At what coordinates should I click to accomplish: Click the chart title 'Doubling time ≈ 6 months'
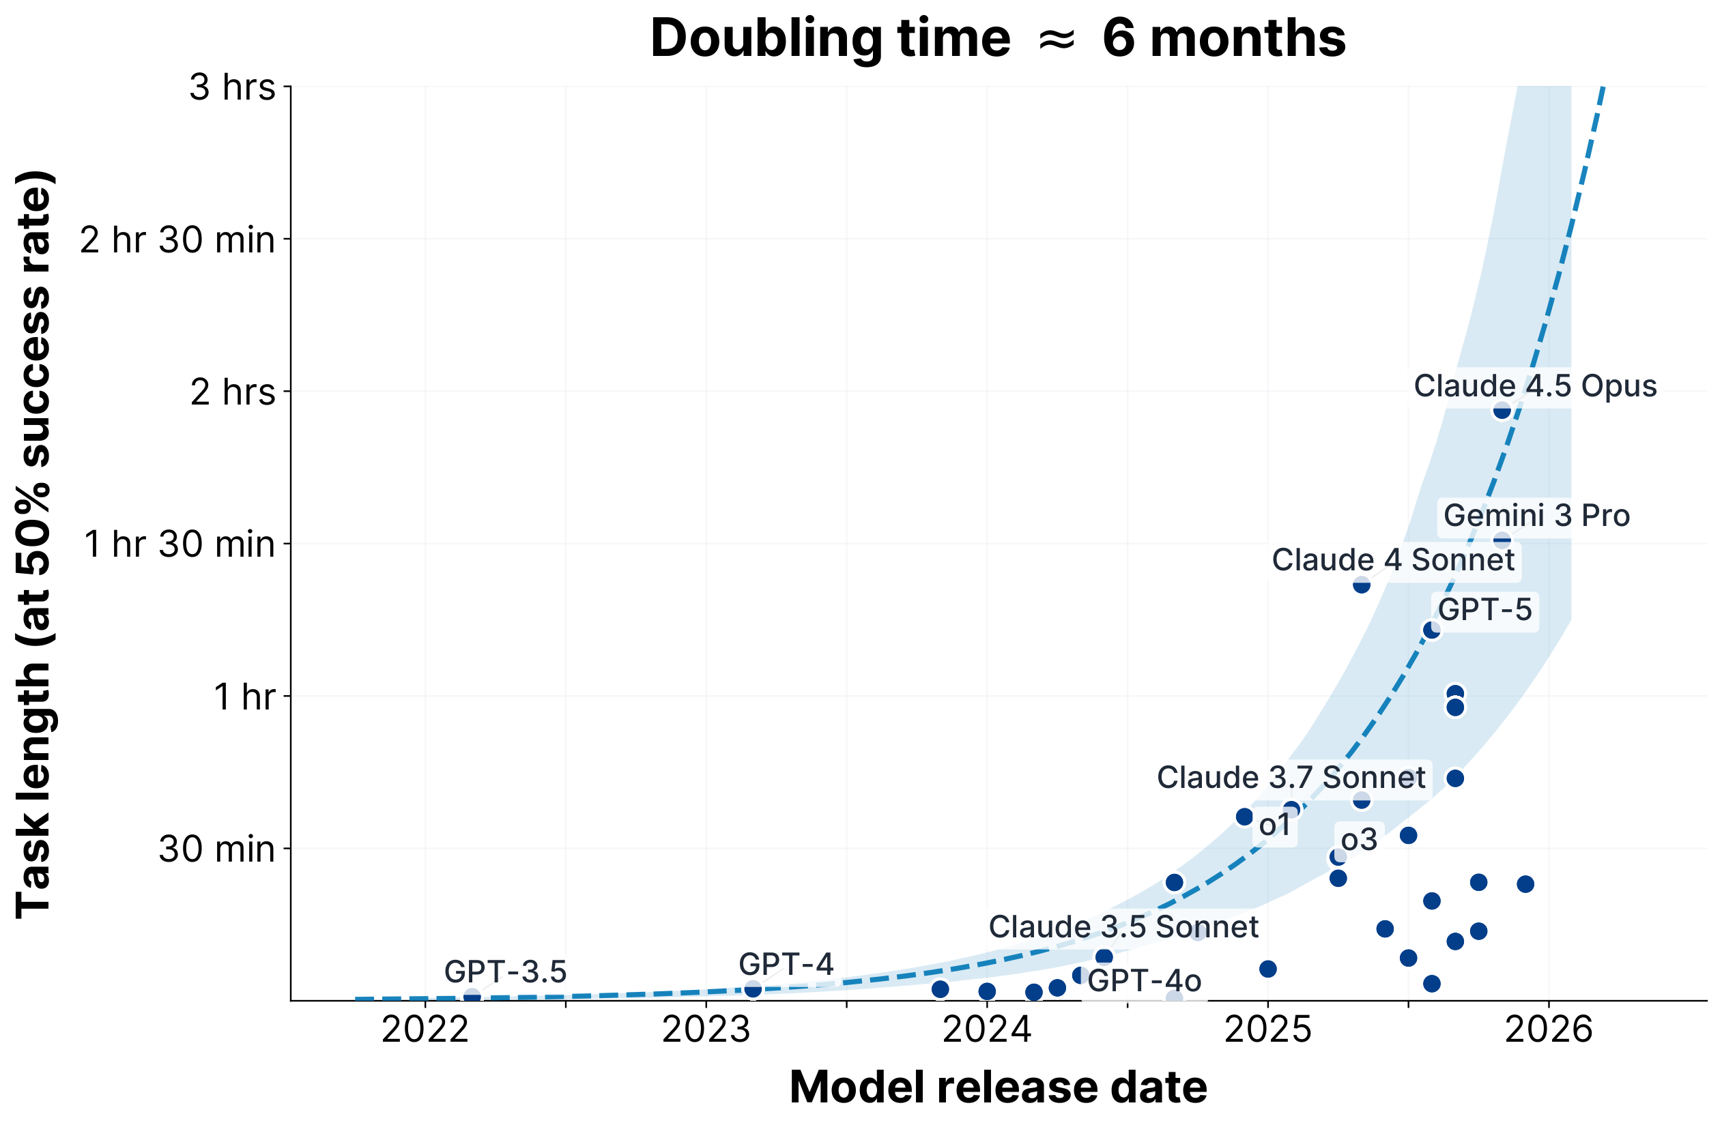coord(998,38)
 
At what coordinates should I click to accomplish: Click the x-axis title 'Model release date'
coord(998,1087)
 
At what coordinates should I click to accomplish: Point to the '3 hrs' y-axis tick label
coord(232,87)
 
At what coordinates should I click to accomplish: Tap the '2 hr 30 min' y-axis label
coord(178,239)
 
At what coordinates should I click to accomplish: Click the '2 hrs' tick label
coord(232,392)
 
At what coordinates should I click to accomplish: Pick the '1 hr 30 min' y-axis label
coord(180,544)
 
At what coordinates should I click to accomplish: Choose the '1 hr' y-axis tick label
coord(244,697)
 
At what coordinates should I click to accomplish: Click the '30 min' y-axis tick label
coord(217,849)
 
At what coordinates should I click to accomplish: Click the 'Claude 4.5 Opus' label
coord(1535,386)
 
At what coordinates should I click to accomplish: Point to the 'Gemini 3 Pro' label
coord(1537,516)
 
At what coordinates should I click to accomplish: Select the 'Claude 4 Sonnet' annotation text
coord(1394,560)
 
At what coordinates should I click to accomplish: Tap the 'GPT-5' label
coord(1484,610)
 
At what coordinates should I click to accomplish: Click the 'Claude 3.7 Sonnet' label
coord(1291,778)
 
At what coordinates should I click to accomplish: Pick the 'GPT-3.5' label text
coord(505,972)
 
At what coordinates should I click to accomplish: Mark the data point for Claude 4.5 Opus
coord(1502,410)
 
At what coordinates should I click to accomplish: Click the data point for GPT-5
coord(1431,630)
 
